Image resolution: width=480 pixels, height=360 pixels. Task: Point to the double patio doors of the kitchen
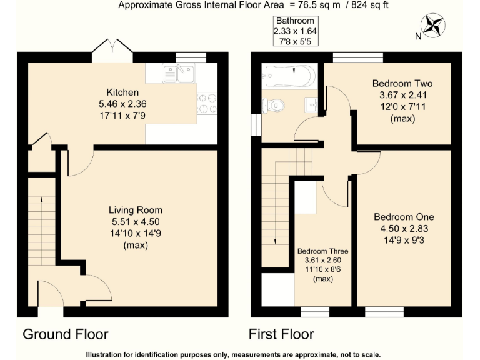click(111, 51)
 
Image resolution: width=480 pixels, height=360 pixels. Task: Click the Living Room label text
click(136, 210)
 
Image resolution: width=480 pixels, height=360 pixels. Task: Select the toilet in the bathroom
click(274, 104)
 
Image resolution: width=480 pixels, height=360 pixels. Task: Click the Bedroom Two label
click(402, 83)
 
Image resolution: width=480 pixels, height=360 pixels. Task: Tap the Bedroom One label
click(404, 217)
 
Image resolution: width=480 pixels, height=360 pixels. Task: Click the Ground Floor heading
click(66, 334)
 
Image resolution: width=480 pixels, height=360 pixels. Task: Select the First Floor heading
click(281, 334)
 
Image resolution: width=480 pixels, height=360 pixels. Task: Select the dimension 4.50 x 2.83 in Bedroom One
click(404, 228)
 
